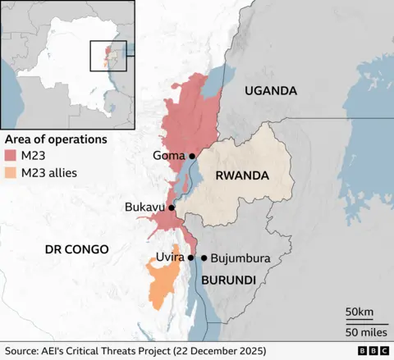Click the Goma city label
click(x=168, y=156)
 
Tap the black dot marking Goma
click(x=192, y=156)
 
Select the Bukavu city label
click(x=144, y=207)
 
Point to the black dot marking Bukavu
click(x=172, y=207)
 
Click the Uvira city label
click(x=170, y=257)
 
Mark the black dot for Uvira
click(x=190, y=257)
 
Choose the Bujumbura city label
click(x=241, y=257)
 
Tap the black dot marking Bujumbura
click(x=204, y=257)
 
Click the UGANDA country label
click(x=270, y=91)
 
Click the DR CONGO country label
click(x=70, y=248)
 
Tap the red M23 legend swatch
click(x=11, y=156)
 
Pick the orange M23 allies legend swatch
click(x=11, y=173)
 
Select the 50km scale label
click(x=360, y=312)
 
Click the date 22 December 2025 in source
click(x=218, y=351)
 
